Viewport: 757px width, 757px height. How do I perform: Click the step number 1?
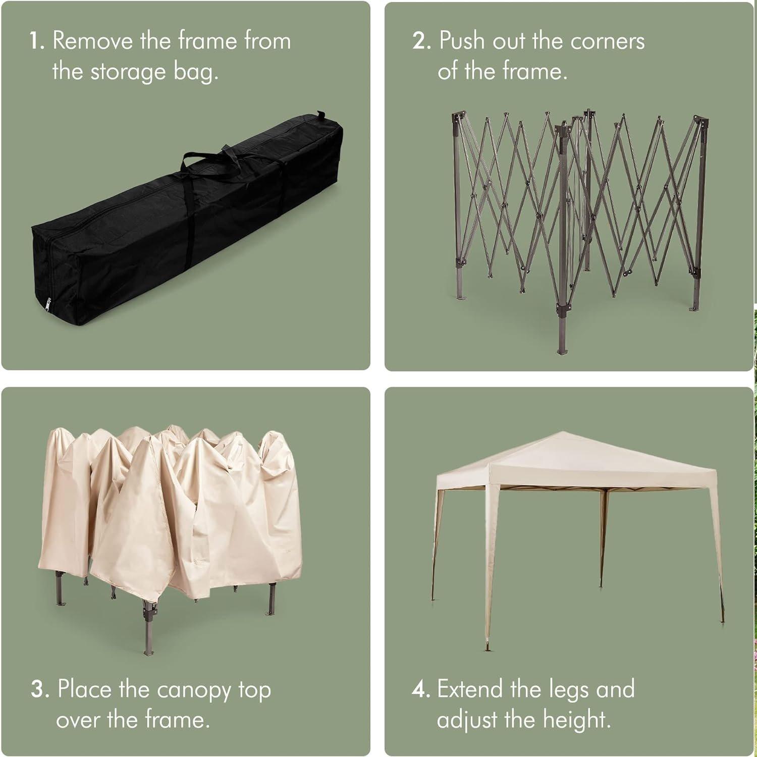pyautogui.click(x=36, y=41)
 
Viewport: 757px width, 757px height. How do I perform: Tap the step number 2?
pyautogui.click(x=421, y=41)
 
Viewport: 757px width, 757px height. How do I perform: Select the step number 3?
pyautogui.click(x=39, y=689)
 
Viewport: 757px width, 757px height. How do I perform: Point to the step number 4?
pyautogui.click(x=420, y=689)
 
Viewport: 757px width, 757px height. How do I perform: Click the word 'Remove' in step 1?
pyautogui.click(x=92, y=40)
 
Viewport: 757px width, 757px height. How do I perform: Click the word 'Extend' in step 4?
pyautogui.click(x=470, y=689)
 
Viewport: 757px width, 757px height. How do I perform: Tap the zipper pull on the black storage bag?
pyautogui.click(x=48, y=303)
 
